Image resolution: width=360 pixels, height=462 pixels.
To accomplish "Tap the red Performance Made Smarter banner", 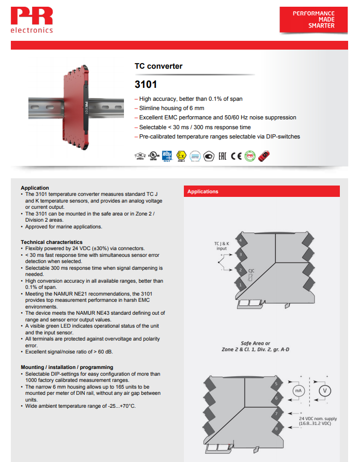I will pyautogui.click(x=314, y=20).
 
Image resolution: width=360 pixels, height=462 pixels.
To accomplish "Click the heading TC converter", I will pyautogui.click(x=159, y=66).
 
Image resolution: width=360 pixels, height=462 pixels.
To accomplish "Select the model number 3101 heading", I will pyautogui.click(x=146, y=84).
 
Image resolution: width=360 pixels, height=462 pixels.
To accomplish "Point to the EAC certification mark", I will pyautogui.click(x=222, y=156).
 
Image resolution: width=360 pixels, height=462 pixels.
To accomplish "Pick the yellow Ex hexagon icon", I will pyautogui.click(x=181, y=156).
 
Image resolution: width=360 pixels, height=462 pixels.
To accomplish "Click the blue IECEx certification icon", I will pyautogui.click(x=167, y=156).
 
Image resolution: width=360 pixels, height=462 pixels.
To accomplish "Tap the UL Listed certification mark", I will pyautogui.click(x=153, y=156).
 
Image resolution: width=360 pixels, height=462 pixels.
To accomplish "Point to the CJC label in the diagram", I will pyautogui.click(x=252, y=270).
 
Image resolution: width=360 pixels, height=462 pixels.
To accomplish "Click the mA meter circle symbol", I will pyautogui.click(x=298, y=391).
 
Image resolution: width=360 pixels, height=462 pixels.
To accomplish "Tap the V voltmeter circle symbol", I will pyautogui.click(x=325, y=391).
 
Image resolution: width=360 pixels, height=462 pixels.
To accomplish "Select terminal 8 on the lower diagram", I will pyautogui.click(x=276, y=428).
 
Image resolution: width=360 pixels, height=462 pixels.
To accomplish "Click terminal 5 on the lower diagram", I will pyautogui.click(x=276, y=384).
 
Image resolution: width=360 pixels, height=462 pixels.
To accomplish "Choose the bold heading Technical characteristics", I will pyautogui.click(x=52, y=242).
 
